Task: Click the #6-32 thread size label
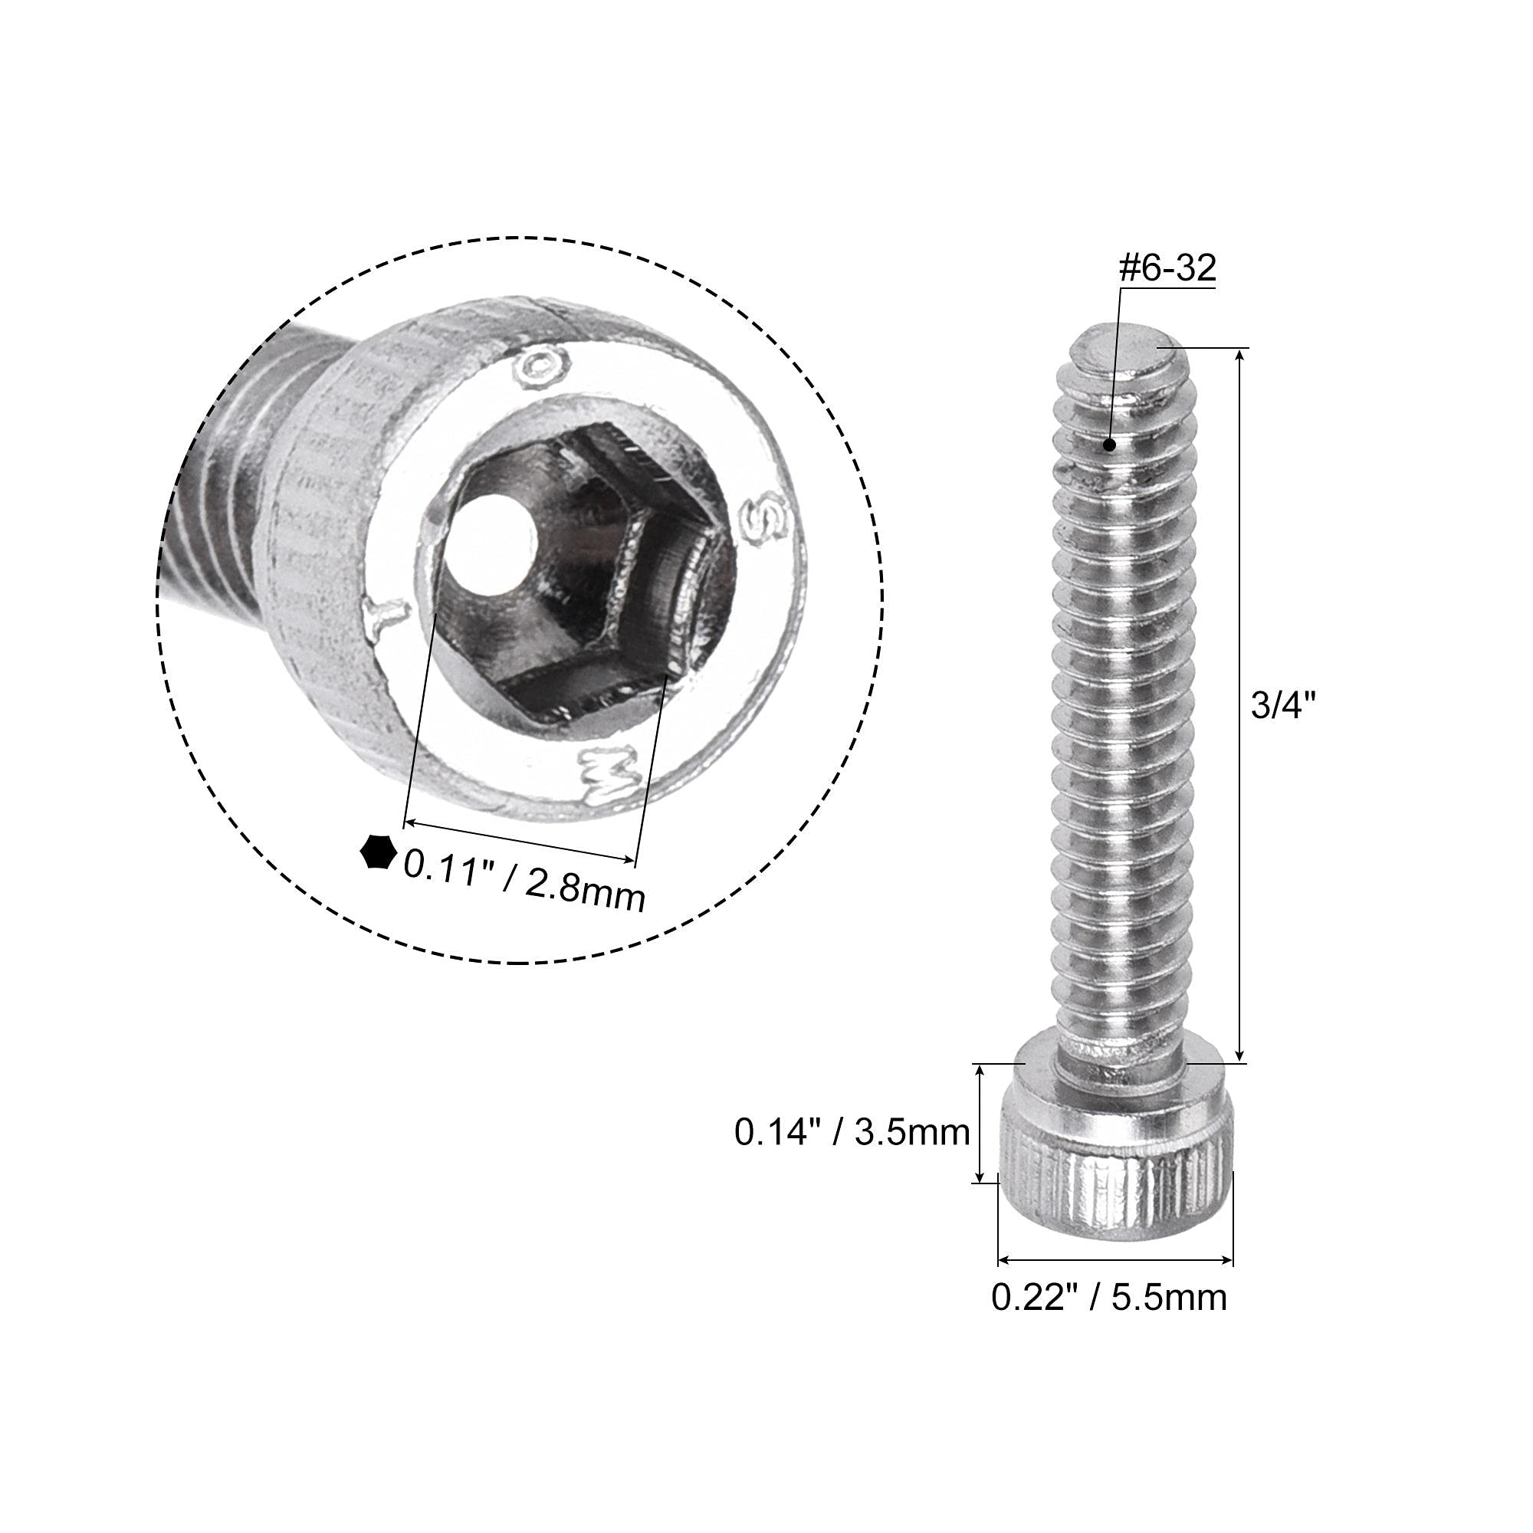1167,270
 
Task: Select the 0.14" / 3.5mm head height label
852,1133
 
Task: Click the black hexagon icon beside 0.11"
378,854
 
